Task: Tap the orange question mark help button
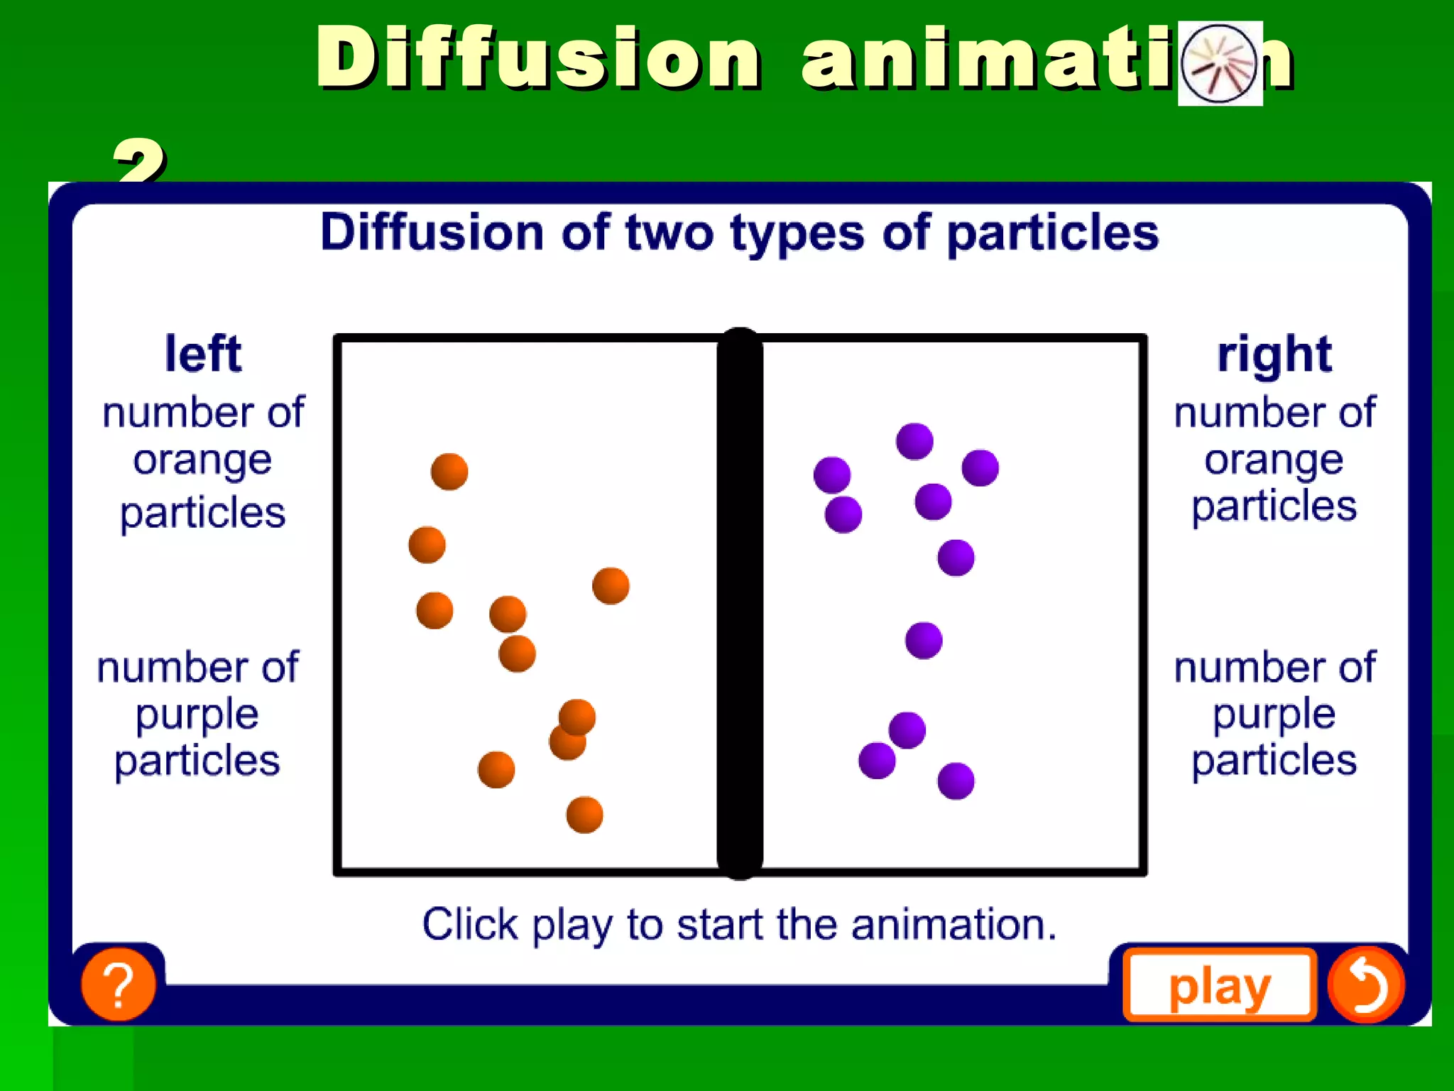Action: pos(119,984)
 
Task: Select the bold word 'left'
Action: pos(203,354)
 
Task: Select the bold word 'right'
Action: pos(1274,354)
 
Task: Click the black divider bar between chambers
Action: pos(740,604)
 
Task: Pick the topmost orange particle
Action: pos(449,472)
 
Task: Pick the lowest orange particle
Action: pos(584,815)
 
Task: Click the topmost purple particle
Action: pos(914,441)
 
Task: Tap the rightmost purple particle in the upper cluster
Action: pos(980,467)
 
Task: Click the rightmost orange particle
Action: pos(611,586)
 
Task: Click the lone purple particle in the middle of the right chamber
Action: pos(924,641)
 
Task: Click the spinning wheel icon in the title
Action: pos(1219,63)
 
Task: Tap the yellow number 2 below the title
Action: pos(139,160)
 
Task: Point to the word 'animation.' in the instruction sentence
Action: pos(953,925)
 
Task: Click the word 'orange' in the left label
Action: pos(202,460)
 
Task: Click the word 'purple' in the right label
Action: pos(1274,714)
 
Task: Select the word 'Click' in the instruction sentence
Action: pos(470,925)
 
